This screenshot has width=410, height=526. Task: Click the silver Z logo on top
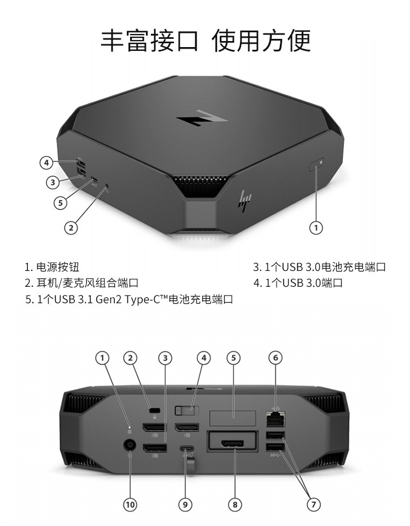coord(202,118)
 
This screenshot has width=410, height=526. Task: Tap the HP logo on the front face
coord(245,201)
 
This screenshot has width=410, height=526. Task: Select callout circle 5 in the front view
coord(60,203)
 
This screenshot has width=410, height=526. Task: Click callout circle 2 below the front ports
coord(71,228)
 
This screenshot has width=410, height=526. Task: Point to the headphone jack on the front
coord(107,185)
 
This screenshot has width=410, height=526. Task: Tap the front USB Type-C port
coord(94,181)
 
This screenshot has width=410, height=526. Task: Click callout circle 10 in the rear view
coord(130,504)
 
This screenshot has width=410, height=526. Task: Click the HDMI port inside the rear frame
coord(232,444)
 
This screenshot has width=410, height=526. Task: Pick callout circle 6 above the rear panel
coord(276,357)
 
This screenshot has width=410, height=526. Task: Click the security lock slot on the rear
coord(154,411)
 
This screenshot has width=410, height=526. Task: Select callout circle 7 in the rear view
coord(314,504)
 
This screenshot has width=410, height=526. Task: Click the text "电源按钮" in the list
coord(57,267)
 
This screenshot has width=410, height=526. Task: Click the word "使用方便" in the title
coord(261,41)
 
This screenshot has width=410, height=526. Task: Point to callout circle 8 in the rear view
coord(235,504)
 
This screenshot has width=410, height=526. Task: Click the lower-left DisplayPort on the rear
coord(155,448)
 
